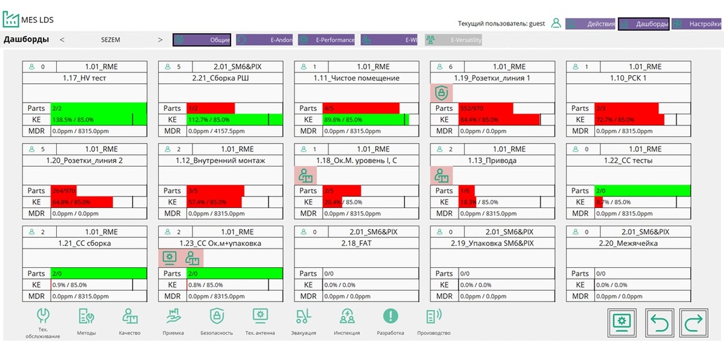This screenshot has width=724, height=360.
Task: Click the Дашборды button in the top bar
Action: pyautogui.click(x=644, y=24)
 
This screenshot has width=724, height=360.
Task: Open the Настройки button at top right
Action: pyautogui.click(x=697, y=24)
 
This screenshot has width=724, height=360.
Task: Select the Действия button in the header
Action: pyautogui.click(x=591, y=24)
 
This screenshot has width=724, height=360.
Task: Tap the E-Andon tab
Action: pyautogui.click(x=264, y=40)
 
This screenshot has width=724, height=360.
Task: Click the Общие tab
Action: pyautogui.click(x=202, y=40)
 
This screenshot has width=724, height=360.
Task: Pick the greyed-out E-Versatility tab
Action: pyautogui.click(x=453, y=40)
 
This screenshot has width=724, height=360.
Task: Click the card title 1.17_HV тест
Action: pyautogui.click(x=84, y=78)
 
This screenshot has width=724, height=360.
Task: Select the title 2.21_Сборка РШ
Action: pyautogui.click(x=220, y=78)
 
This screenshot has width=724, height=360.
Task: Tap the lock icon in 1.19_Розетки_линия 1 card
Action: pyautogui.click(x=442, y=93)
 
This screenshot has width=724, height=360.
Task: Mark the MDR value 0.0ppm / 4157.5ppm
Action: pyautogui.click(x=217, y=131)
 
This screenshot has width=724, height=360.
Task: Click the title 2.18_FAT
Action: pyautogui.click(x=356, y=244)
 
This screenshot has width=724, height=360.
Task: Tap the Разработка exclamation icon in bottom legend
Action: pyautogui.click(x=390, y=316)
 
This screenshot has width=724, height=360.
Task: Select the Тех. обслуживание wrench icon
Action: pyautogui.click(x=43, y=316)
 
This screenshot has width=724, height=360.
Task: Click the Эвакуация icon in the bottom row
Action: pyautogui.click(x=303, y=316)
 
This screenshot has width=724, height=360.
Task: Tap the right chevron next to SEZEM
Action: pyautogui.click(x=160, y=40)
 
